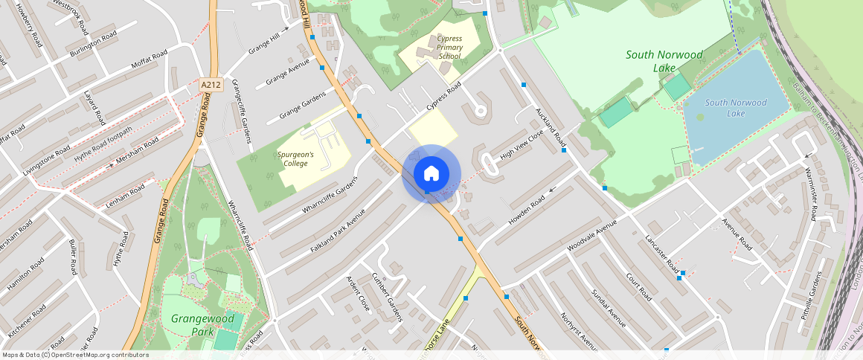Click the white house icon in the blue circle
[431, 174]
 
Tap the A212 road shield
[211, 86]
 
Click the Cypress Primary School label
[449, 47]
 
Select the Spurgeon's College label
[296, 158]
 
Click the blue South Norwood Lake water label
[735, 108]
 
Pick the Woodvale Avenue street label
[592, 235]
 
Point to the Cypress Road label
[444, 97]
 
